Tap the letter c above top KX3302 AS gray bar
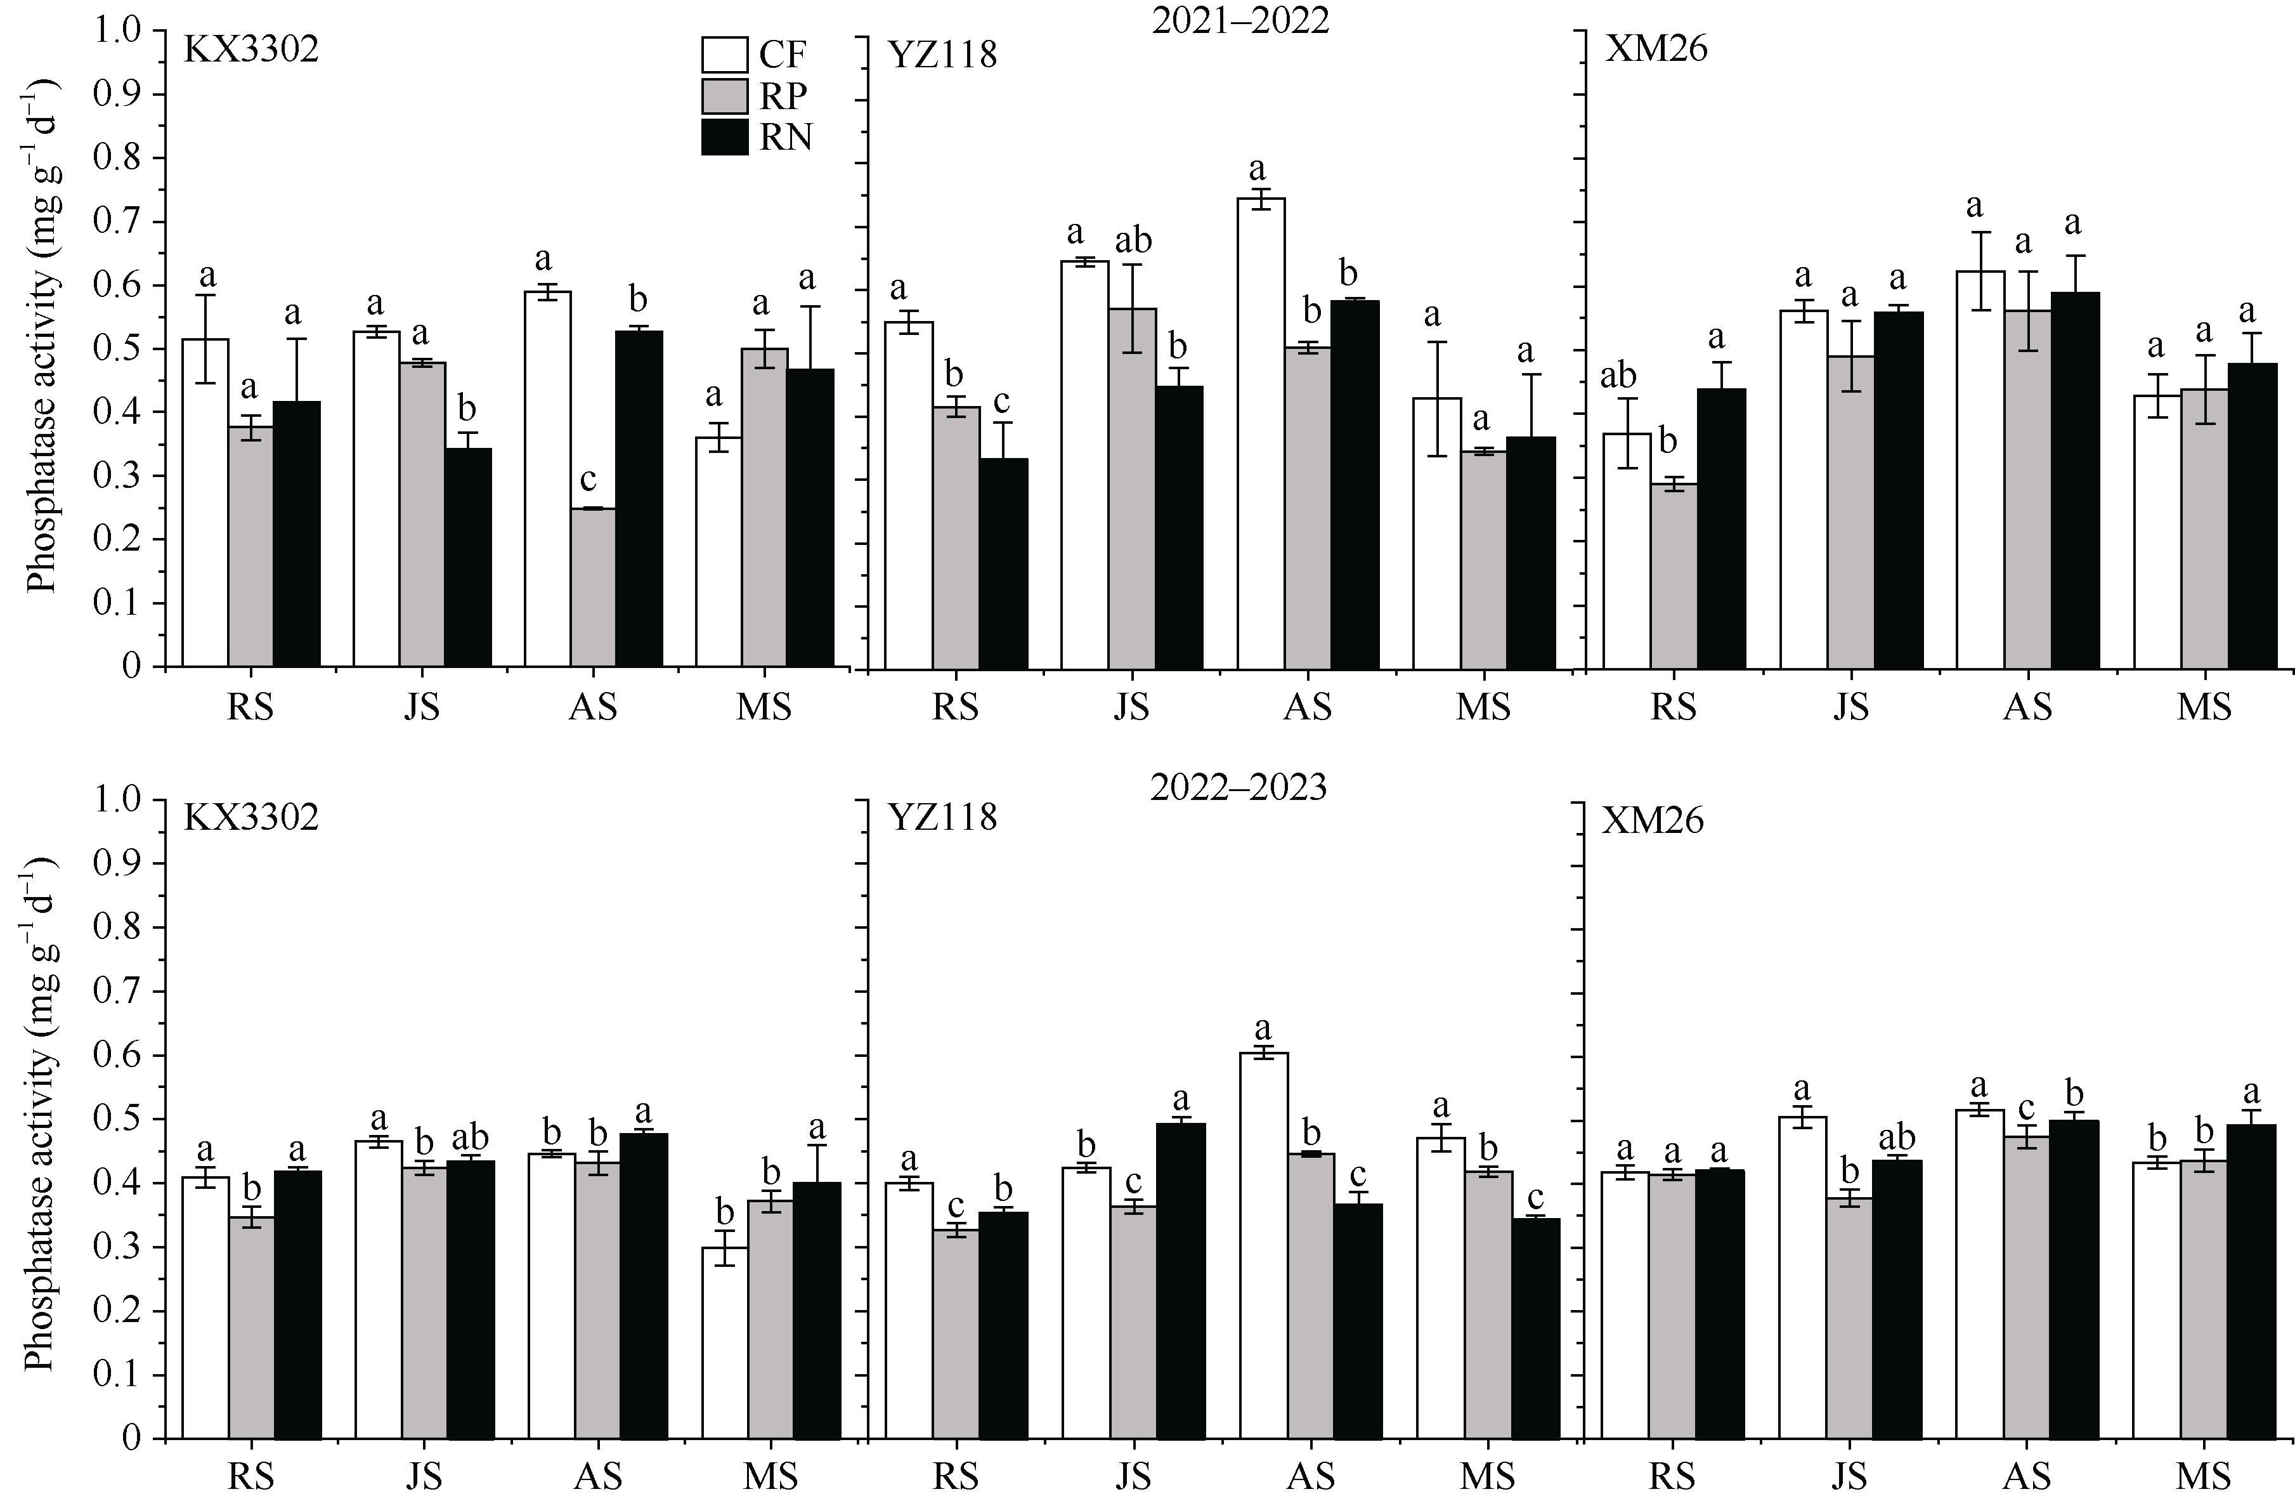[588, 480]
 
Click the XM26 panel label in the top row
[1656, 48]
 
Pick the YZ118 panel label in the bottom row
[942, 818]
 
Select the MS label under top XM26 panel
[2204, 707]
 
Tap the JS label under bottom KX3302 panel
[422, 1476]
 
